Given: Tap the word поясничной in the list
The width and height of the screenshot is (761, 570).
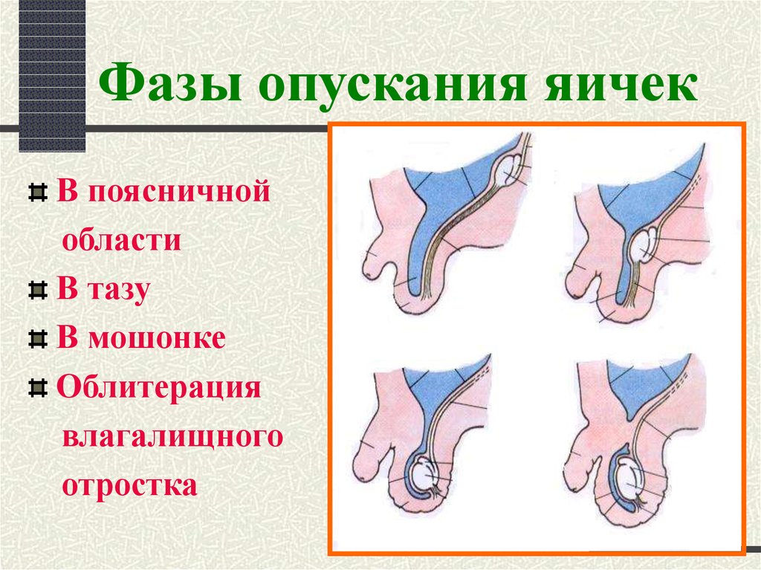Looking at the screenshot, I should pyautogui.click(x=178, y=192).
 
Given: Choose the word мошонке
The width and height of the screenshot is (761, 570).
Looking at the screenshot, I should pyautogui.click(x=157, y=338).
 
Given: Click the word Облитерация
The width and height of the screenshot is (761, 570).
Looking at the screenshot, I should pyautogui.click(x=158, y=387).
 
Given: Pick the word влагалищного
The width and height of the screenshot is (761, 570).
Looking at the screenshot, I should pyautogui.click(x=172, y=437).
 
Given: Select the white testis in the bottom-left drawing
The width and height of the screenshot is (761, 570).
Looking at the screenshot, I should pyautogui.click(x=424, y=475).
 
